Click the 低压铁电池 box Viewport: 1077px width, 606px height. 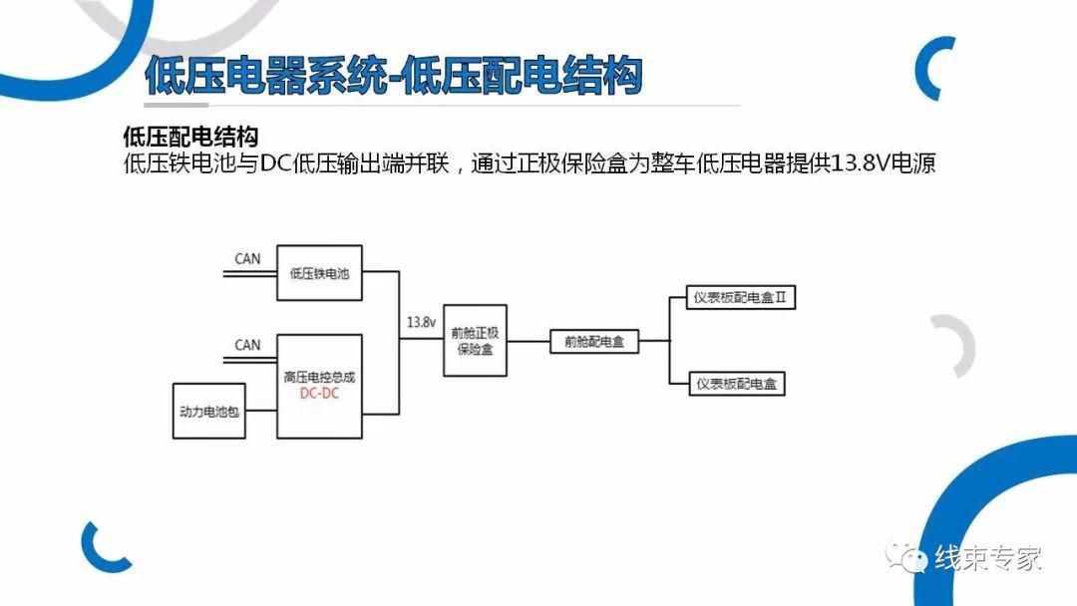tap(319, 273)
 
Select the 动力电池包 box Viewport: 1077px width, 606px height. tap(208, 411)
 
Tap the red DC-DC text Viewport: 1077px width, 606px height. tap(319, 394)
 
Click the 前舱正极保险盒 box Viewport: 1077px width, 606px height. tap(476, 341)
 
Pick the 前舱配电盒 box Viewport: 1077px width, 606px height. tap(594, 342)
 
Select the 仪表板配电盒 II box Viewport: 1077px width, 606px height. tap(741, 298)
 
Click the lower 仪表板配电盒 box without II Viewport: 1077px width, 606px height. tap(736, 384)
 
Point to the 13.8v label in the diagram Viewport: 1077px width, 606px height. tap(421, 322)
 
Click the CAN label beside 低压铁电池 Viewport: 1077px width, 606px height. tap(247, 259)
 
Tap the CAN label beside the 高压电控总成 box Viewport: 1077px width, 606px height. tap(247, 345)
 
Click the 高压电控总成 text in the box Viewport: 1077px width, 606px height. tap(319, 377)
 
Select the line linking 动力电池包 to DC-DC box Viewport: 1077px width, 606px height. tap(261, 411)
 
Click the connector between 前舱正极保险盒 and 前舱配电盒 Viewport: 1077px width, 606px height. tap(529, 341)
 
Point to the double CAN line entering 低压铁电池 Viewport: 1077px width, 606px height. tap(249, 274)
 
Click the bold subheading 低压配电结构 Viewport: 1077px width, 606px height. tap(190, 137)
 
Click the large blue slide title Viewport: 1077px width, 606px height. tap(394, 75)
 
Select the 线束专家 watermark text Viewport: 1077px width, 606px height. tap(987, 558)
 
